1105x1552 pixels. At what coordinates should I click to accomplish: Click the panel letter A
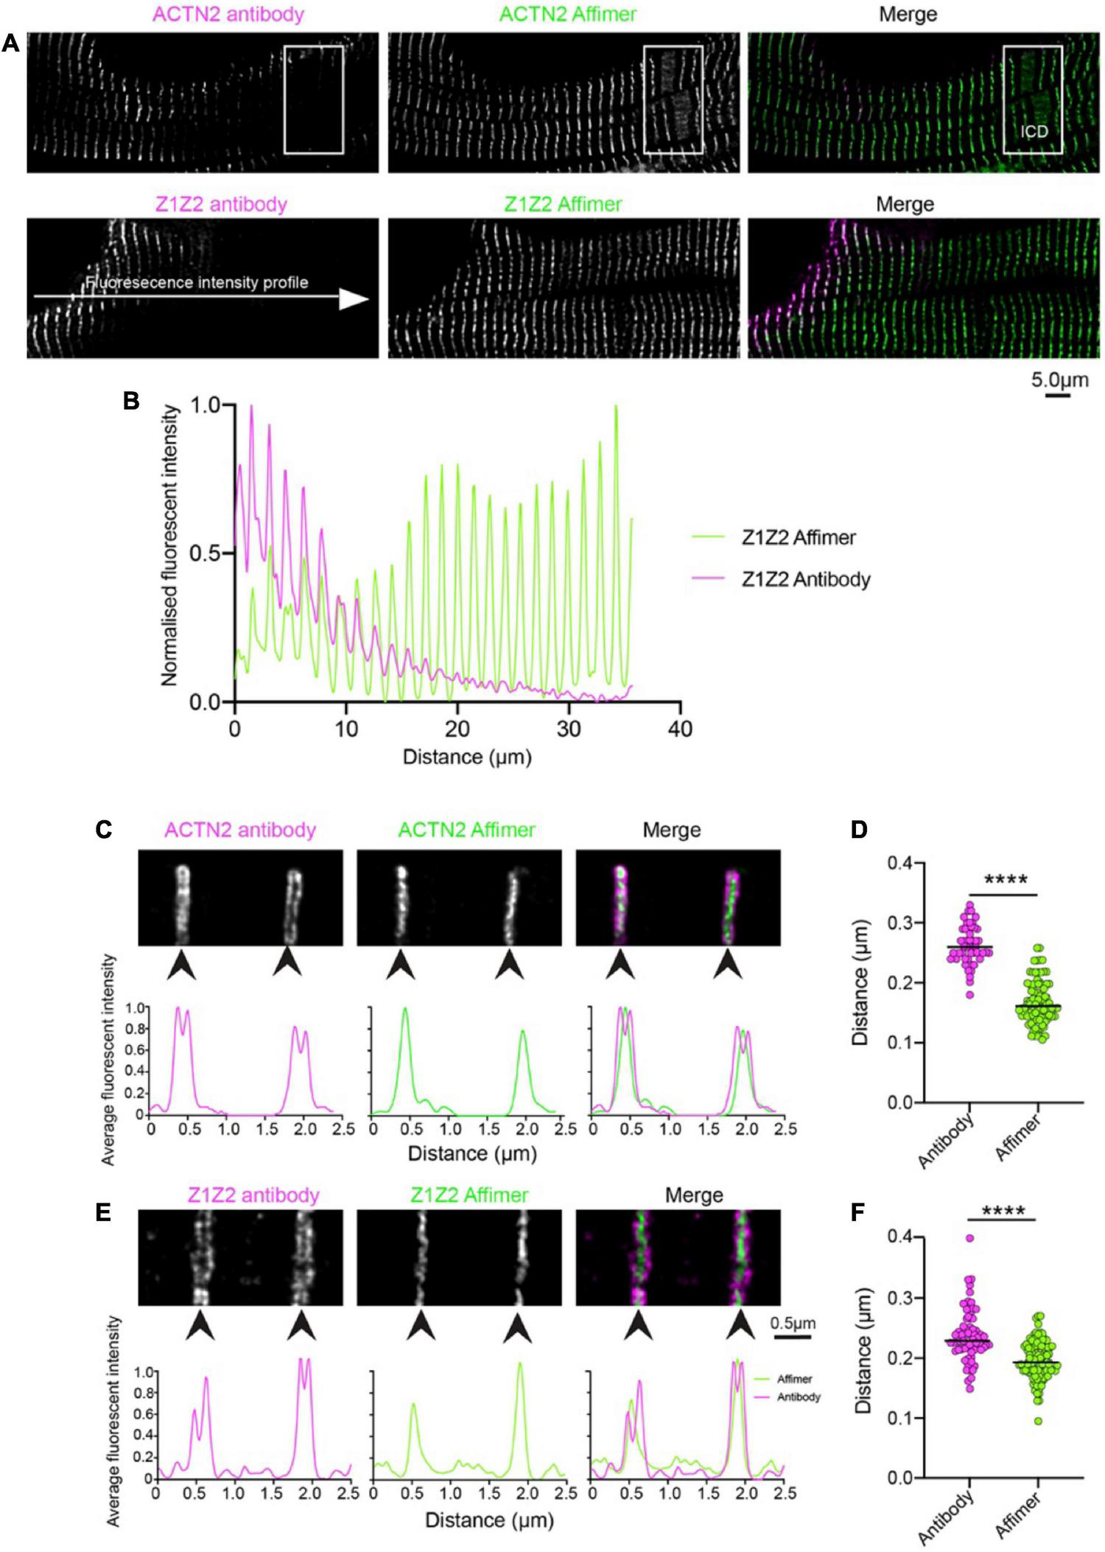10,43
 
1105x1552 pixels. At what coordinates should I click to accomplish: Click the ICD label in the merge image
1034,131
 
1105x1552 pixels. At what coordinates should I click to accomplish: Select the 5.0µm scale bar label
1059,380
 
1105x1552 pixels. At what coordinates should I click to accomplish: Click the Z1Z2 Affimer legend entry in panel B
798,538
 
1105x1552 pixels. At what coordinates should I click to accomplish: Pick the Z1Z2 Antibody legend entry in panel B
805,580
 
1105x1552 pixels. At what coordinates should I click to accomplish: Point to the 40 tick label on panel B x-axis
680,729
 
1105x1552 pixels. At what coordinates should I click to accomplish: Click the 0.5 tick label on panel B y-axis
207,553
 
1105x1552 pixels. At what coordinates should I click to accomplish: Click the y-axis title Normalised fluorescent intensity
170,545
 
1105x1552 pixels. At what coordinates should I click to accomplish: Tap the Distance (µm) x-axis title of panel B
467,757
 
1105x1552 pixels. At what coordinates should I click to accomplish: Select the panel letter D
859,830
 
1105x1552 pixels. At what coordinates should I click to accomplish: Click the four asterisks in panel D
1006,880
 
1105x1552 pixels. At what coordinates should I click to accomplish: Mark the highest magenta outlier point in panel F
970,1239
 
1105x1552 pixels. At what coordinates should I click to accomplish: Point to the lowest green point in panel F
1039,1421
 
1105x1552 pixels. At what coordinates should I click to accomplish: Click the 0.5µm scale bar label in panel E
793,1323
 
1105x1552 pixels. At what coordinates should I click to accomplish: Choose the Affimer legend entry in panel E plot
794,1379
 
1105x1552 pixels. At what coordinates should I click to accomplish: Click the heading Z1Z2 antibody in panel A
221,204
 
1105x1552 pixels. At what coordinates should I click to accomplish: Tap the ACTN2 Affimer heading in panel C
466,830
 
